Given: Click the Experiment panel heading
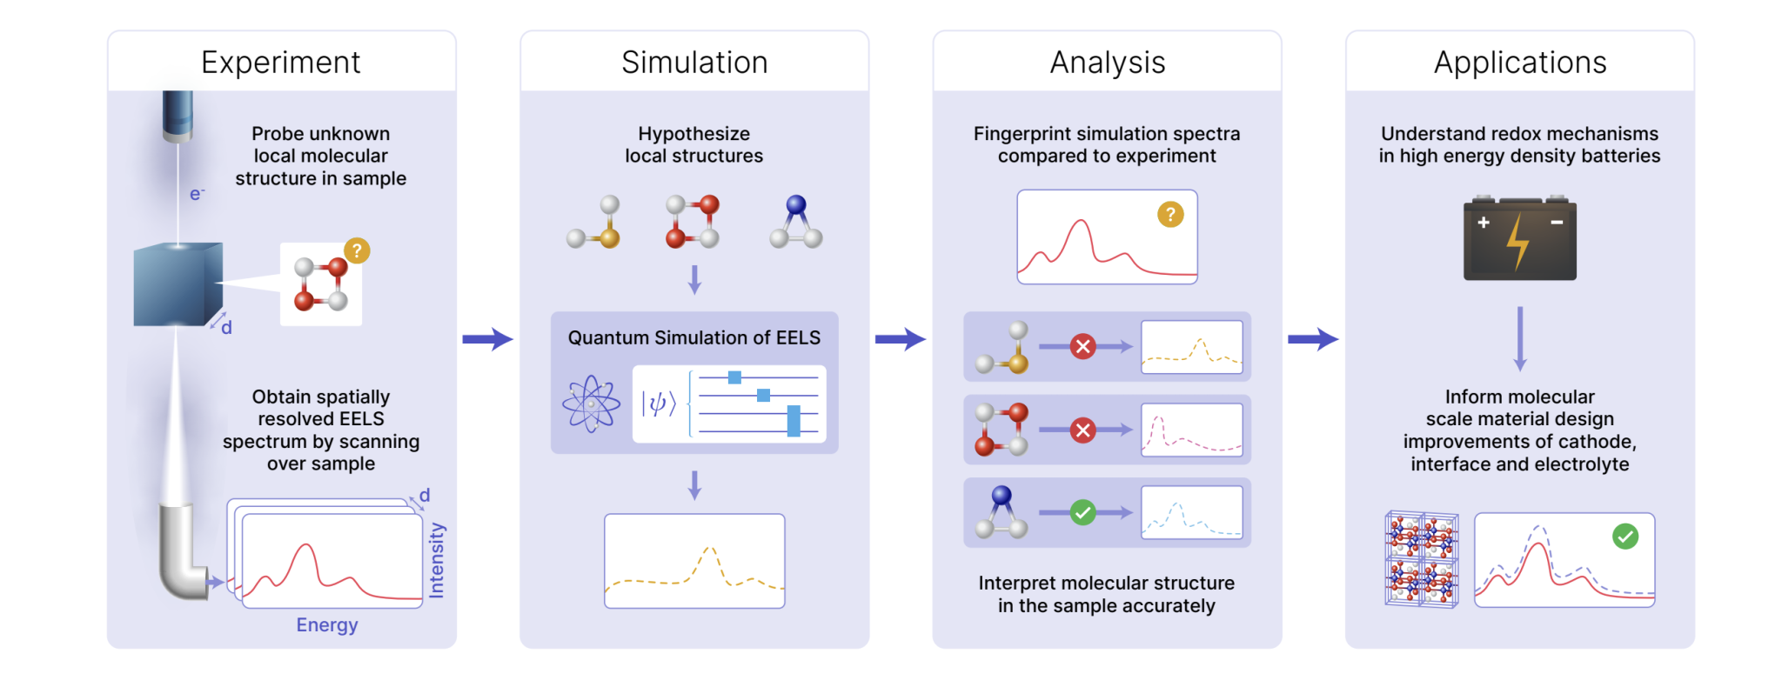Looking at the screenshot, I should (x=280, y=63).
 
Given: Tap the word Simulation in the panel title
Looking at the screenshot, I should (x=694, y=63).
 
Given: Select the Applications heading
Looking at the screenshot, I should (x=1519, y=63).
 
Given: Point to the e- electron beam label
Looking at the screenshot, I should (x=197, y=194).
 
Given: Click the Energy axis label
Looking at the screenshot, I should (x=326, y=624).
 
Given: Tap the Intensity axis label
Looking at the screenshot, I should (x=437, y=560).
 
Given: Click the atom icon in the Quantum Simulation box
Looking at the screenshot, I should (x=591, y=404).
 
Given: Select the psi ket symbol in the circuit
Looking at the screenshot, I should (x=659, y=404).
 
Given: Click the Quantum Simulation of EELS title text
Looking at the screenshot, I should (x=693, y=337).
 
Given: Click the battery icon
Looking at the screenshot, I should (x=1519, y=238).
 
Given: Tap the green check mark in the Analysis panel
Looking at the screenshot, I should (x=1082, y=512).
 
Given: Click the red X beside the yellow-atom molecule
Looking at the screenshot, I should (x=1082, y=347).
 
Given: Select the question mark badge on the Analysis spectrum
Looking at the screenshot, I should (x=1170, y=214).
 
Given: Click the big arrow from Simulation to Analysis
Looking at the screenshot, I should (x=900, y=339).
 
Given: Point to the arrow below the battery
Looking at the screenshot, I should (x=1519, y=338).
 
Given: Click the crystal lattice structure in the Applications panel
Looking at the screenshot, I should (x=1421, y=559).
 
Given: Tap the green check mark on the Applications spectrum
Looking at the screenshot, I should (x=1625, y=537).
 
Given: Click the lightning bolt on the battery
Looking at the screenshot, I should (x=1517, y=242).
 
